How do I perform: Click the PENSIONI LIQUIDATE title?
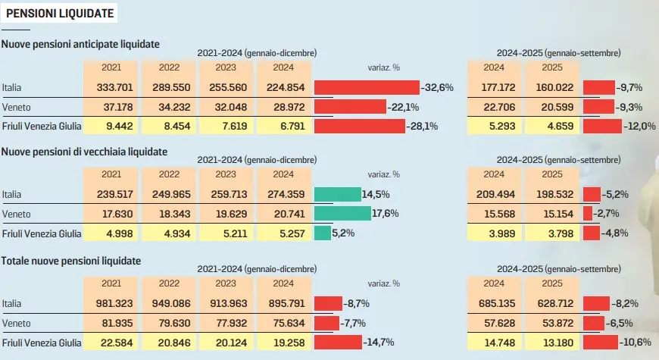tap(60, 13)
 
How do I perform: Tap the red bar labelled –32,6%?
tap(367, 87)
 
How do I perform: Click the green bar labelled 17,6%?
tap(342, 214)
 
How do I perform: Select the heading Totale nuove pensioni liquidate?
tap(72, 261)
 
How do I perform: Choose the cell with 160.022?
tap(550, 87)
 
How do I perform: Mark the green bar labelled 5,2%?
tap(322, 233)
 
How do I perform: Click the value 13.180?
tap(550, 343)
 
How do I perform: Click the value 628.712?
tap(550, 303)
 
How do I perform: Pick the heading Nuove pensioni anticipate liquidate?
tap(80, 44)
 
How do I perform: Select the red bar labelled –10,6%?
tap(601, 343)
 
